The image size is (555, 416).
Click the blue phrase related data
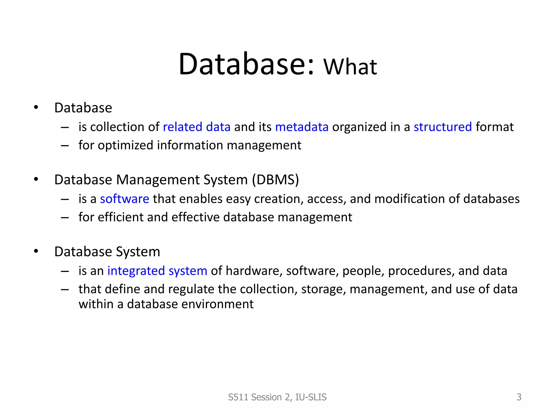pyautogui.click(x=196, y=127)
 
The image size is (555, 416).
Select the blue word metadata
pyautogui.click(x=302, y=127)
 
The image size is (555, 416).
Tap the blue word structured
pyautogui.click(x=443, y=127)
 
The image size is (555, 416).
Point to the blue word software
pyautogui.click(x=124, y=199)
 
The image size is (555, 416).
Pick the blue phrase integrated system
pyautogui.click(x=157, y=271)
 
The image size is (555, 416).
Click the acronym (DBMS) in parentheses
pyautogui.click(x=275, y=180)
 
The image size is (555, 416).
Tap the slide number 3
pyautogui.click(x=519, y=397)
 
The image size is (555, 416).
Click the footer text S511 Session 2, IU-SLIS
pyautogui.click(x=277, y=397)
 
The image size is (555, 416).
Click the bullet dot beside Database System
pyautogui.click(x=36, y=251)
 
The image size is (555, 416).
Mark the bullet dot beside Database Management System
pyautogui.click(x=36, y=179)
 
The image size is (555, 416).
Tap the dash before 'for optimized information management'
pyautogui.click(x=65, y=146)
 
